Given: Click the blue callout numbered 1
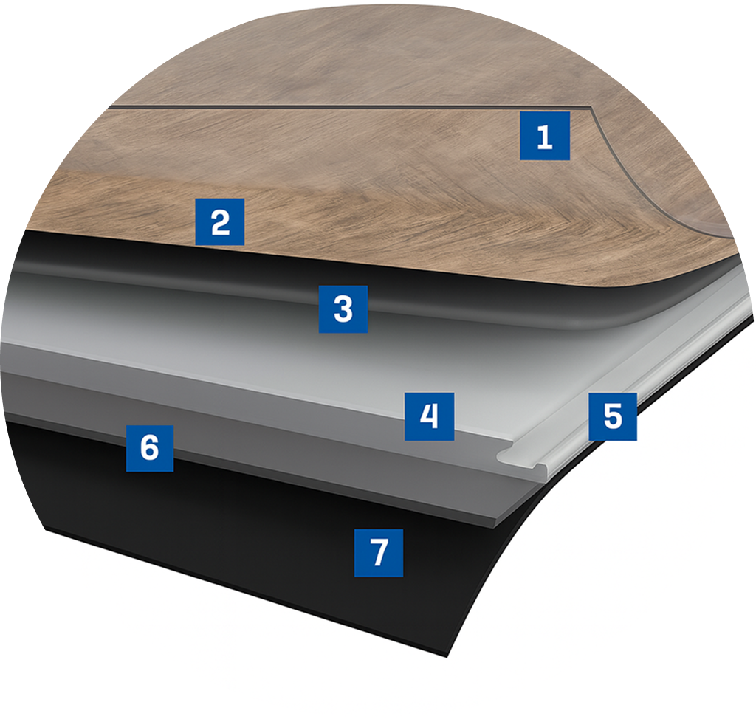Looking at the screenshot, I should pyautogui.click(x=544, y=136).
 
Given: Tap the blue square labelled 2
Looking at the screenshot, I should pyautogui.click(x=219, y=221).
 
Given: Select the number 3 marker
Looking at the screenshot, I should pyautogui.click(x=343, y=308).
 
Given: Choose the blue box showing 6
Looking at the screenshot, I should pyautogui.click(x=149, y=447).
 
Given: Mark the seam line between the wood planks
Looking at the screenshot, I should pyautogui.click(x=332, y=108).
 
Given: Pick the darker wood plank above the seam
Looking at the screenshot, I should pyautogui.click(x=332, y=59).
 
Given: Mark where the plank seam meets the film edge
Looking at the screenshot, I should pyautogui.click(x=591, y=109).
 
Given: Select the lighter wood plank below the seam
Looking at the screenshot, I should pyautogui.click(x=369, y=185).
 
